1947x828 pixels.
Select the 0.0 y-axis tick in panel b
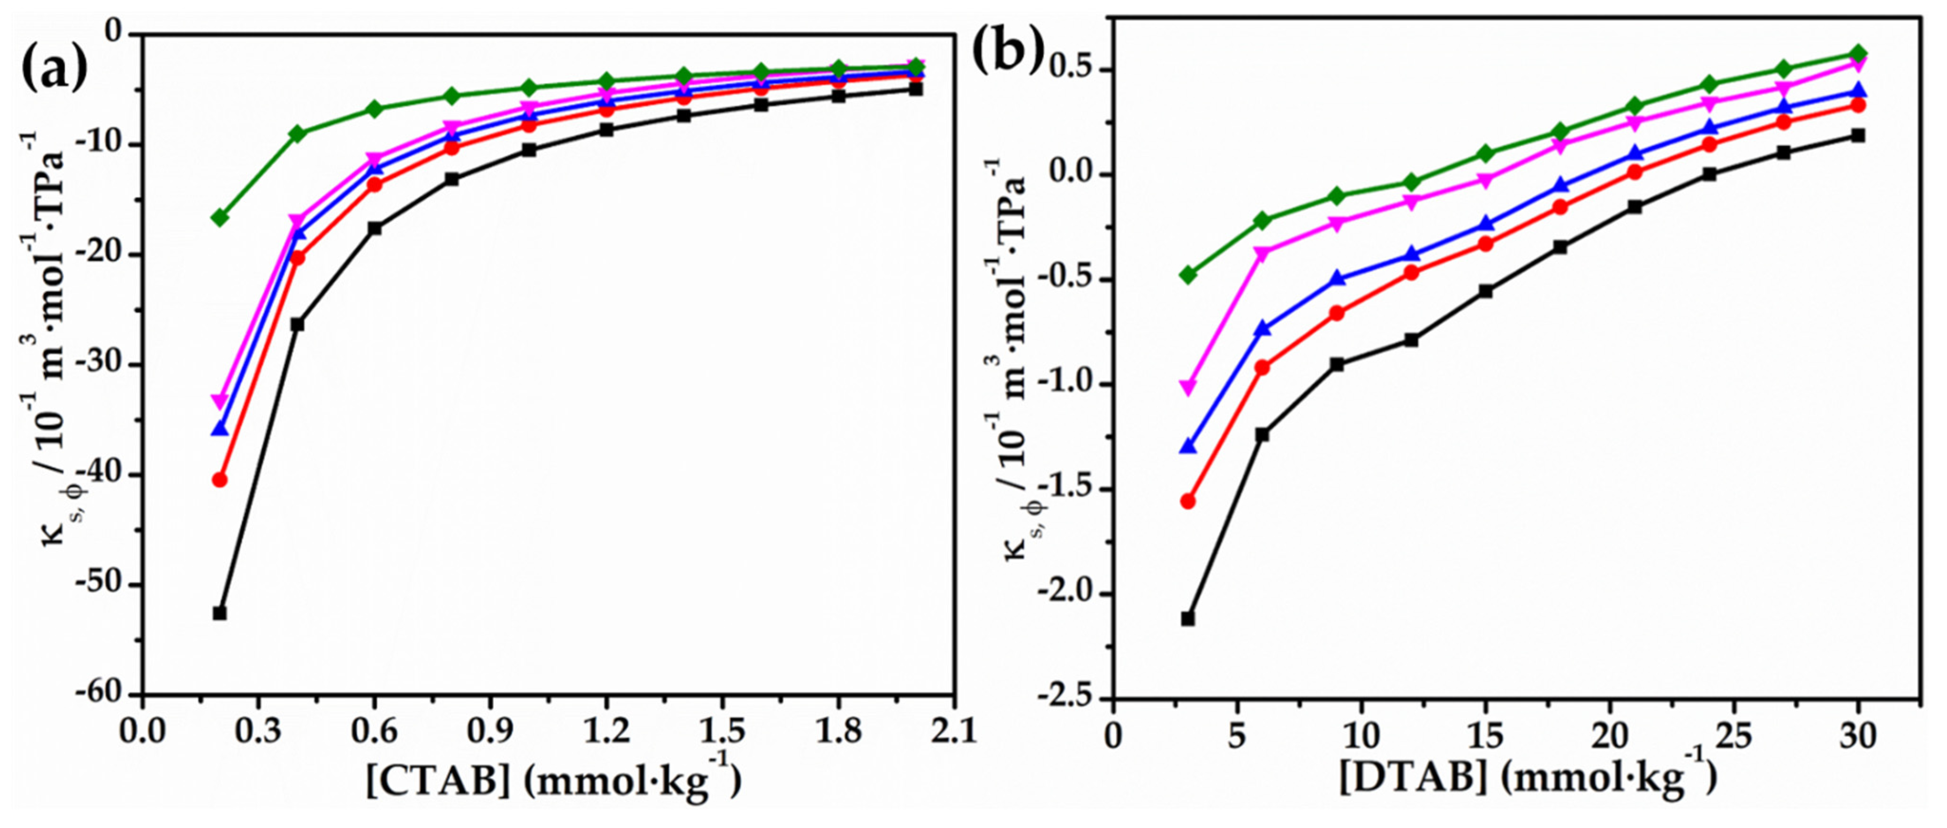click(x=1073, y=175)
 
